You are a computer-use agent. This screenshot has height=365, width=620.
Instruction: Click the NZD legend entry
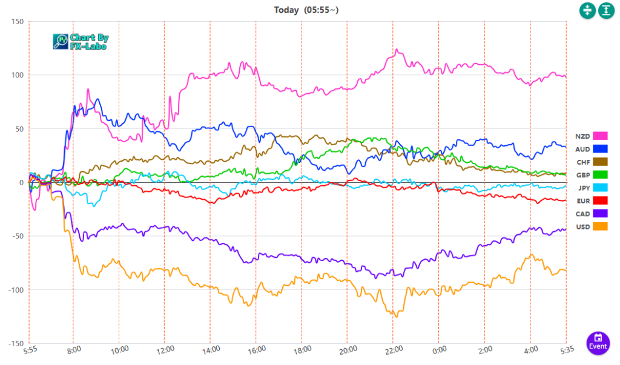click(590, 136)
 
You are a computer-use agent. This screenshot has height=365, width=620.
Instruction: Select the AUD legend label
click(582, 149)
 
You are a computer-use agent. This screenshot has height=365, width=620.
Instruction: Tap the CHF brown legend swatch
click(600, 162)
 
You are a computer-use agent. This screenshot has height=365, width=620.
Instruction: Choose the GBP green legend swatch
click(600, 174)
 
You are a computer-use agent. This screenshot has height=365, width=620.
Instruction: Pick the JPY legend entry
click(590, 188)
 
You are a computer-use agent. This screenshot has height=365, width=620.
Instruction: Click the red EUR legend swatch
click(600, 200)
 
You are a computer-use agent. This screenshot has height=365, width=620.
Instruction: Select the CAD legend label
click(582, 214)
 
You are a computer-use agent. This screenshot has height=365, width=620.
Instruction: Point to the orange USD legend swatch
click(600, 226)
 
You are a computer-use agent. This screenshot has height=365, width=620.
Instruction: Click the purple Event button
click(598, 341)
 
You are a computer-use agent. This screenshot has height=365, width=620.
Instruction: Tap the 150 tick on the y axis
click(17, 22)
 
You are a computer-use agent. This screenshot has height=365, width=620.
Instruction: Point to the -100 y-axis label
click(15, 290)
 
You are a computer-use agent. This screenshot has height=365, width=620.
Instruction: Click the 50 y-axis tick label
click(19, 129)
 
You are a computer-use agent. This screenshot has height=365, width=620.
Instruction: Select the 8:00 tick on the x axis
click(73, 350)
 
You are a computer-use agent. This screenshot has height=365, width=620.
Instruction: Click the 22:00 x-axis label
click(393, 350)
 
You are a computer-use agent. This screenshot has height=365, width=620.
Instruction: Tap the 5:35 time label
click(566, 350)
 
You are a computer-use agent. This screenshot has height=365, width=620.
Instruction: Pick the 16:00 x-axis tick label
click(256, 350)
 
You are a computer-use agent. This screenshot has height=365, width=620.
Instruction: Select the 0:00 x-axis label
click(439, 350)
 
